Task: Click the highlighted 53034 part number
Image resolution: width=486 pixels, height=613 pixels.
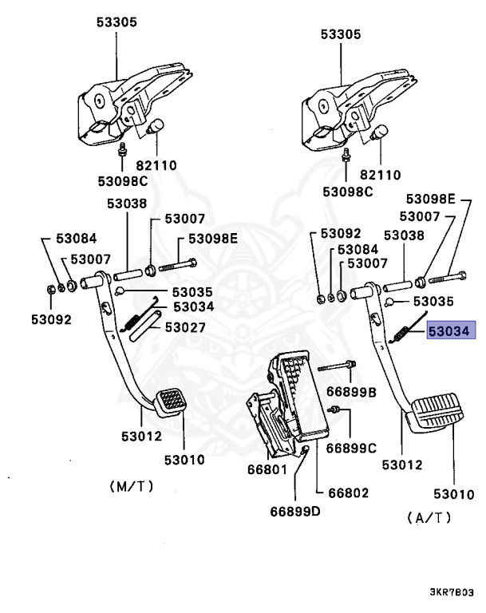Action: pyautogui.click(x=452, y=331)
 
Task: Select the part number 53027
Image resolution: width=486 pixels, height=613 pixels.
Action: pyautogui.click(x=184, y=327)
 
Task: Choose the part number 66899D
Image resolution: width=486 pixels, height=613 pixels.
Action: pyautogui.click(x=294, y=511)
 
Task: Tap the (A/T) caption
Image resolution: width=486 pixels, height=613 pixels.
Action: pyautogui.click(x=429, y=517)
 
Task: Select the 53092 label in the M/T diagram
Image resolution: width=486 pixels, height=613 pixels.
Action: pyautogui.click(x=52, y=319)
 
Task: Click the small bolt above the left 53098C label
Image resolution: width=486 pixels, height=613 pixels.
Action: pyautogui.click(x=123, y=150)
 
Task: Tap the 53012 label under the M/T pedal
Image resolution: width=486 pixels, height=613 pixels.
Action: pyautogui.click(x=141, y=436)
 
